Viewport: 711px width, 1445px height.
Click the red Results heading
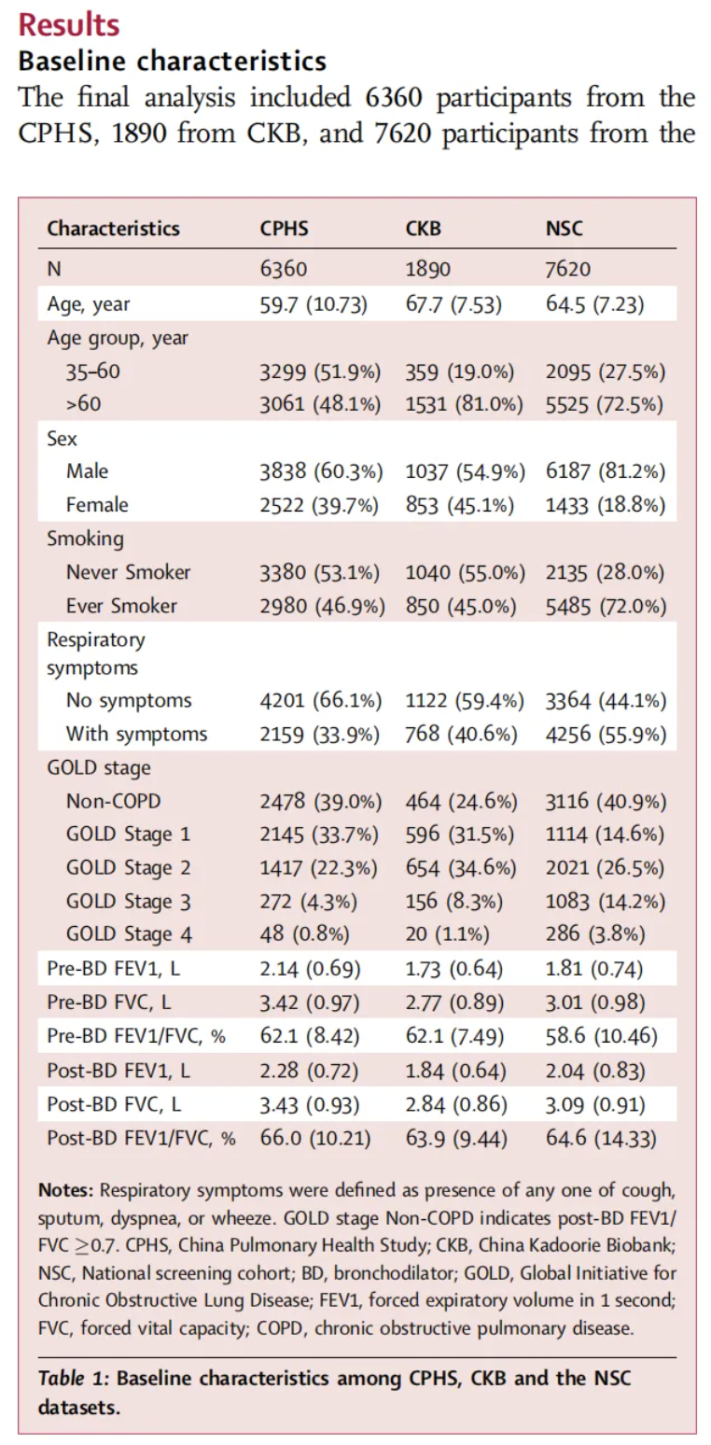[69, 25]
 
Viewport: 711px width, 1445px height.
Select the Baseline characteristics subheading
[172, 62]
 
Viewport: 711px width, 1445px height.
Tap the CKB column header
[423, 229]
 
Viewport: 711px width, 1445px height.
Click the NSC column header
[564, 229]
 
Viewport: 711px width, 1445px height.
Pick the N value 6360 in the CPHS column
[284, 269]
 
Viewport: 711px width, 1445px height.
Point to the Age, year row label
[89, 303]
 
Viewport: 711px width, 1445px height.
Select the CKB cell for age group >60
[464, 404]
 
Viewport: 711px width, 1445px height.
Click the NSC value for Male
[606, 471]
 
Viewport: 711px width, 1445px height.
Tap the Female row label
[97, 504]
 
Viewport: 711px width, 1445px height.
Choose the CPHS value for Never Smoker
[320, 572]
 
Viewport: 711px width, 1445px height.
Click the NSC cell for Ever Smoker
[606, 607]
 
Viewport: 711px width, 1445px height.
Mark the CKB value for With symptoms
[461, 734]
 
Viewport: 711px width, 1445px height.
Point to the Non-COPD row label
[114, 801]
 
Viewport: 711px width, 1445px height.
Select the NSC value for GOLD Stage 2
[605, 868]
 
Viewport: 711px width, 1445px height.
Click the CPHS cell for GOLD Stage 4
[304, 934]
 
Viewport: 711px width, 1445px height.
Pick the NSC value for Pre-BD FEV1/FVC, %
[602, 1036]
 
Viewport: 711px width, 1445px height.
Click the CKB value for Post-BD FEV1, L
[455, 1071]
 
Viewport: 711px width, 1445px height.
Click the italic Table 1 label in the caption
[73, 1378]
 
